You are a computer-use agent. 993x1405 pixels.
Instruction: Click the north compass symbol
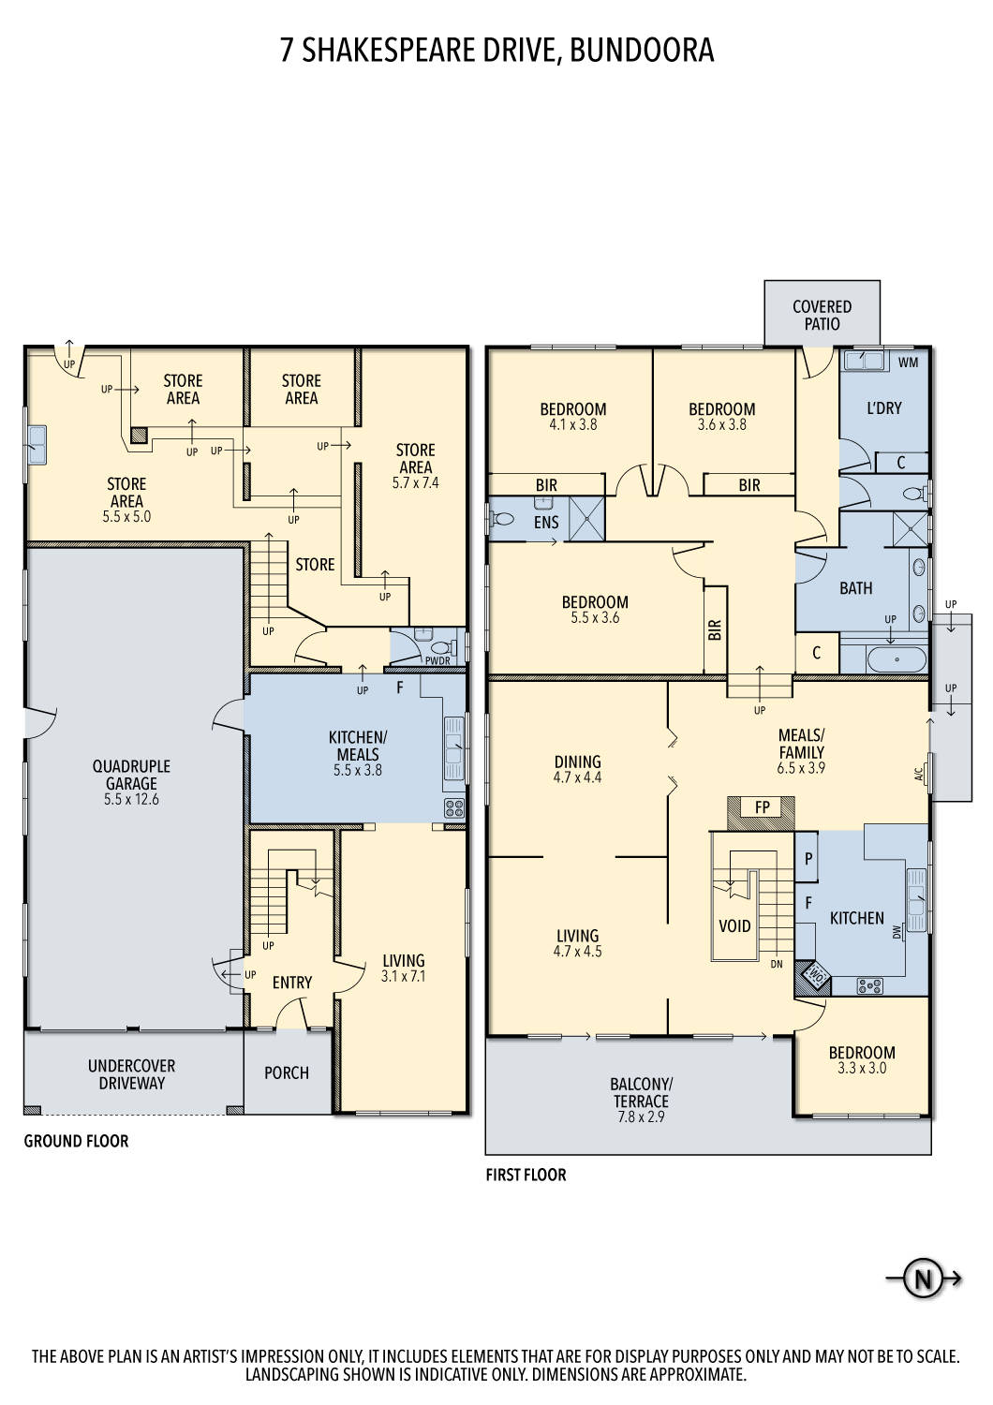point(923,1279)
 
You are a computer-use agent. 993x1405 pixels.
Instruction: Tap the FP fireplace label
point(762,807)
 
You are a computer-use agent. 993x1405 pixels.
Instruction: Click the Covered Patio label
point(822,315)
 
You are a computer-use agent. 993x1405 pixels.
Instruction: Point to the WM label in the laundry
point(908,362)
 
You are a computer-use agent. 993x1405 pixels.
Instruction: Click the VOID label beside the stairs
point(734,926)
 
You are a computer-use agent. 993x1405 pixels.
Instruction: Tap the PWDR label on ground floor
point(437,660)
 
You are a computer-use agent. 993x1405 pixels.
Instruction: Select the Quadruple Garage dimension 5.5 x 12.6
point(131,799)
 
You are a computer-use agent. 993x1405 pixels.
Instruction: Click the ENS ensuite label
point(546,523)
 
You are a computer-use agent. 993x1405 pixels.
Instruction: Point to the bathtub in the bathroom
point(897,659)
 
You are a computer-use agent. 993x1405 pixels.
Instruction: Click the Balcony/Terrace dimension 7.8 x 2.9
point(641,1117)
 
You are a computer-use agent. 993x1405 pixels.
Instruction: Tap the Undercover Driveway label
point(131,1074)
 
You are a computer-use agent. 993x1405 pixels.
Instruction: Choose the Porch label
point(286,1072)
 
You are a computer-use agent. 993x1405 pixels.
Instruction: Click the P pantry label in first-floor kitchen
point(808,858)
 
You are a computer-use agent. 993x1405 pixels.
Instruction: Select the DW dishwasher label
point(897,932)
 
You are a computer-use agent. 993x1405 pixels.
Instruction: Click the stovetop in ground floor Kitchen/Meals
point(454,808)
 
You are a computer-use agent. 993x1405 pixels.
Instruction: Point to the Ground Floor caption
point(76,1141)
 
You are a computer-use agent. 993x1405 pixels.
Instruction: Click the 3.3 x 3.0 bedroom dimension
point(861,1068)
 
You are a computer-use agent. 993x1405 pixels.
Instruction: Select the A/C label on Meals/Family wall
point(918,775)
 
